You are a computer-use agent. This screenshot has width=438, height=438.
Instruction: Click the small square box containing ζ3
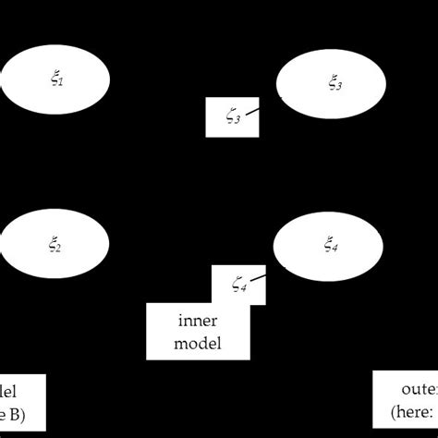pyautogui.click(x=231, y=117)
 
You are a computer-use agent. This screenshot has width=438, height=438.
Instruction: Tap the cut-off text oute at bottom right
pyautogui.click(x=419, y=389)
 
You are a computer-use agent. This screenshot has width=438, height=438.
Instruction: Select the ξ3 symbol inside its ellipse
pyautogui.click(x=334, y=86)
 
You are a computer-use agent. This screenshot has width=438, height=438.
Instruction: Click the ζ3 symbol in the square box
pyautogui.click(x=233, y=118)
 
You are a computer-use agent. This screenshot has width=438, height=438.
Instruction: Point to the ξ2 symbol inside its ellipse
pyautogui.click(x=56, y=246)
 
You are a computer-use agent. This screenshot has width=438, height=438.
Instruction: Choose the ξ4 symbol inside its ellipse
pyautogui.click(x=330, y=246)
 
